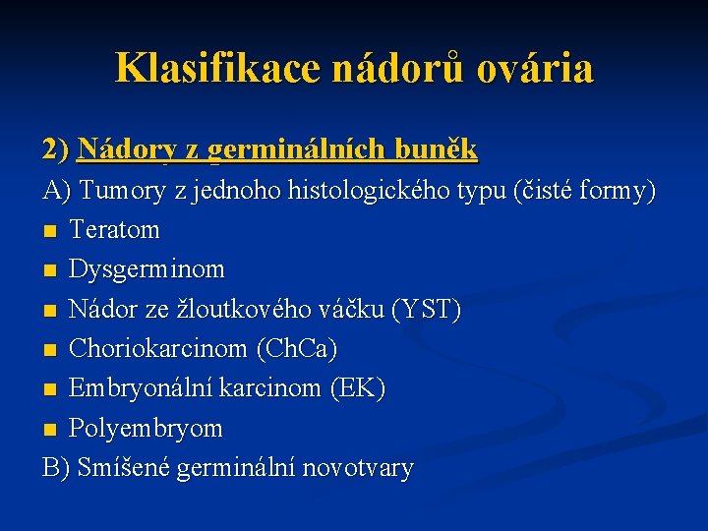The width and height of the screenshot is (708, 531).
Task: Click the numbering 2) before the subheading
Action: click(x=56, y=149)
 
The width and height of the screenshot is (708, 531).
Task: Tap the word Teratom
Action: click(x=114, y=229)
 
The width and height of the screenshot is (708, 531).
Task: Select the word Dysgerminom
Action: click(x=147, y=268)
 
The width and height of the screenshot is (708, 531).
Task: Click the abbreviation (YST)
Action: click(x=426, y=309)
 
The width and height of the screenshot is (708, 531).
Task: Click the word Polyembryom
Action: click(x=146, y=429)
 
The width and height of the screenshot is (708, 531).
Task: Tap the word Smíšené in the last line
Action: click(x=126, y=468)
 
